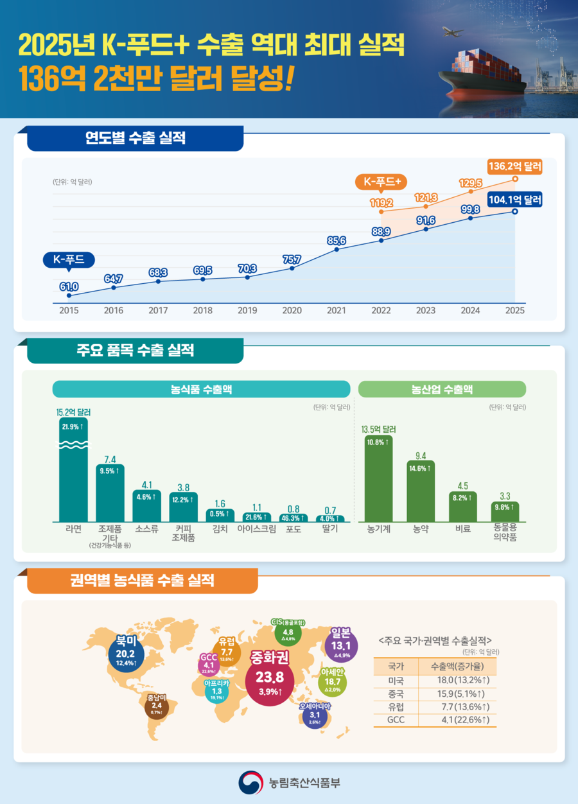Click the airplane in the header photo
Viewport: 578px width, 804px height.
point(453,31)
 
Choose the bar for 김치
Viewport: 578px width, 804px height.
point(220,514)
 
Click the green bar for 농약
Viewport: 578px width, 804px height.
point(421,491)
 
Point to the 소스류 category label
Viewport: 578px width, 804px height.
point(146,530)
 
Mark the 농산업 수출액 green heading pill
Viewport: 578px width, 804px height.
point(442,389)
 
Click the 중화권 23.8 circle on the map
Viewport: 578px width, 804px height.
point(270,677)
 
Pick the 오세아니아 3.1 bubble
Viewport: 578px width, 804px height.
point(315,717)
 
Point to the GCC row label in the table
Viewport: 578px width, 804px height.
point(396,720)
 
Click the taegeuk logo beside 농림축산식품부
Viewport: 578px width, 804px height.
point(250,782)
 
